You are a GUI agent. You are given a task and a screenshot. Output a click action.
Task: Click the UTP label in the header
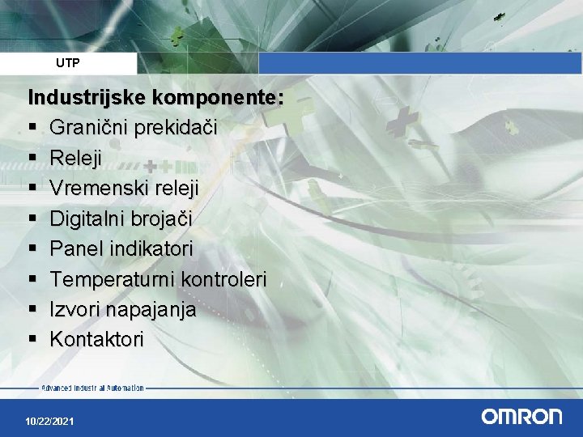tap(68, 62)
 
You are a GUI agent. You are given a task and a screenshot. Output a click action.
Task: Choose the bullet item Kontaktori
tap(96, 339)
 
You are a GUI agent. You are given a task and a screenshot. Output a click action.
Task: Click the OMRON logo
tap(521, 417)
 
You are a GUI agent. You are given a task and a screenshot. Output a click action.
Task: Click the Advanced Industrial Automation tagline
tap(92, 388)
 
